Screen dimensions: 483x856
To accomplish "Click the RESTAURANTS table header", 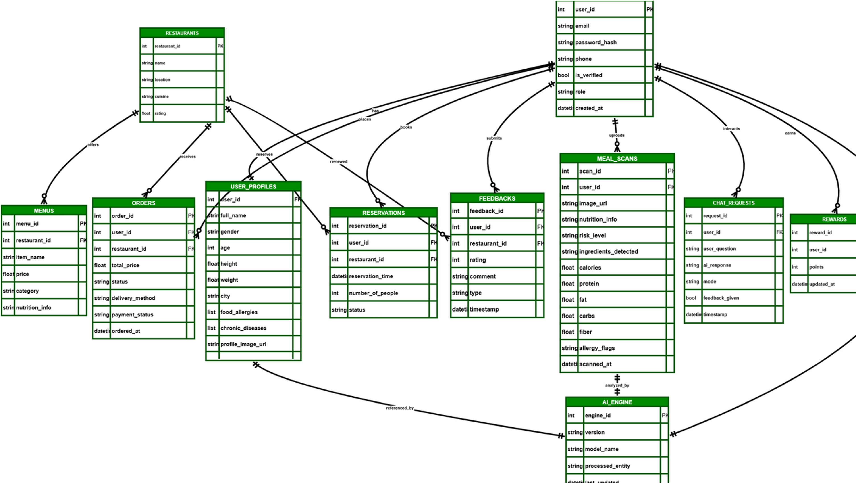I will (x=182, y=33).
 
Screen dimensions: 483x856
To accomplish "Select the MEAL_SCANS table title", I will (x=617, y=159).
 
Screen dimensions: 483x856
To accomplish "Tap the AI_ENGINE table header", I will (x=617, y=402).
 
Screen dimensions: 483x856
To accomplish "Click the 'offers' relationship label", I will (x=93, y=145).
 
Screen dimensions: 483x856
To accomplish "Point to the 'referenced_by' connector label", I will (x=400, y=408).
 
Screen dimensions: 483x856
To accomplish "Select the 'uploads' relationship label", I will (x=616, y=135).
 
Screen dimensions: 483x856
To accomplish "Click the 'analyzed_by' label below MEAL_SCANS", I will (x=617, y=385).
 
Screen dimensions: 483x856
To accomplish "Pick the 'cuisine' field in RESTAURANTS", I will (x=162, y=97).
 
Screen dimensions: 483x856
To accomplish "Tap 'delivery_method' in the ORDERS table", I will (x=133, y=298).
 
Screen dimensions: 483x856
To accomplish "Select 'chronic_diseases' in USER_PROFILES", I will (x=243, y=328).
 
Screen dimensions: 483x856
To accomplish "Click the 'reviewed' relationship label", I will (x=338, y=161).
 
